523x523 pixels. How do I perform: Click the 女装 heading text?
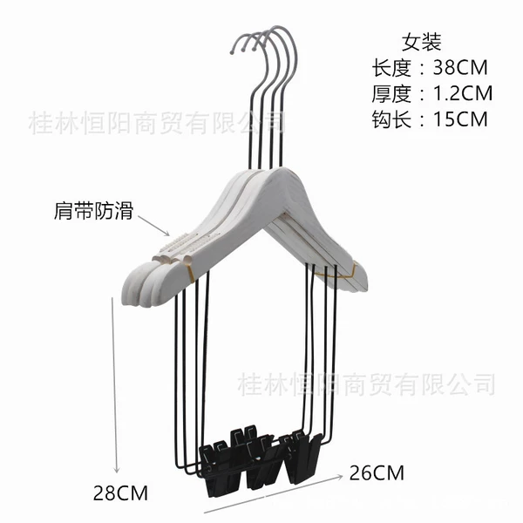pos(421,42)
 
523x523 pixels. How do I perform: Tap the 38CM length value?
pos(460,67)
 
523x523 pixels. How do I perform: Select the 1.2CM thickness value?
pos(462,93)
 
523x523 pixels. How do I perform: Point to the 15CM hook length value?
pos(460,119)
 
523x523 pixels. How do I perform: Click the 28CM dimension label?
pos(120,493)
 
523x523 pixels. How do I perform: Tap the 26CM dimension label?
pos(377,473)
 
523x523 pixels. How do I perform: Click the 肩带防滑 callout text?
pos(93,210)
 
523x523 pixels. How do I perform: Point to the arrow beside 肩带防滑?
pos(153,226)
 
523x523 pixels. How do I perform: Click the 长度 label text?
pos(391,67)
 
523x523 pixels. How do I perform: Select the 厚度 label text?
pos(391,93)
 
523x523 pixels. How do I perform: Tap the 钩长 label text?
pos(391,119)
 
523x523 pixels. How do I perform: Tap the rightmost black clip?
pos(303,458)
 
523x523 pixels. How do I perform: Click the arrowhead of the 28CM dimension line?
pos(117,470)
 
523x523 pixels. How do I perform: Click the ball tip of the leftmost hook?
pos(232,51)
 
